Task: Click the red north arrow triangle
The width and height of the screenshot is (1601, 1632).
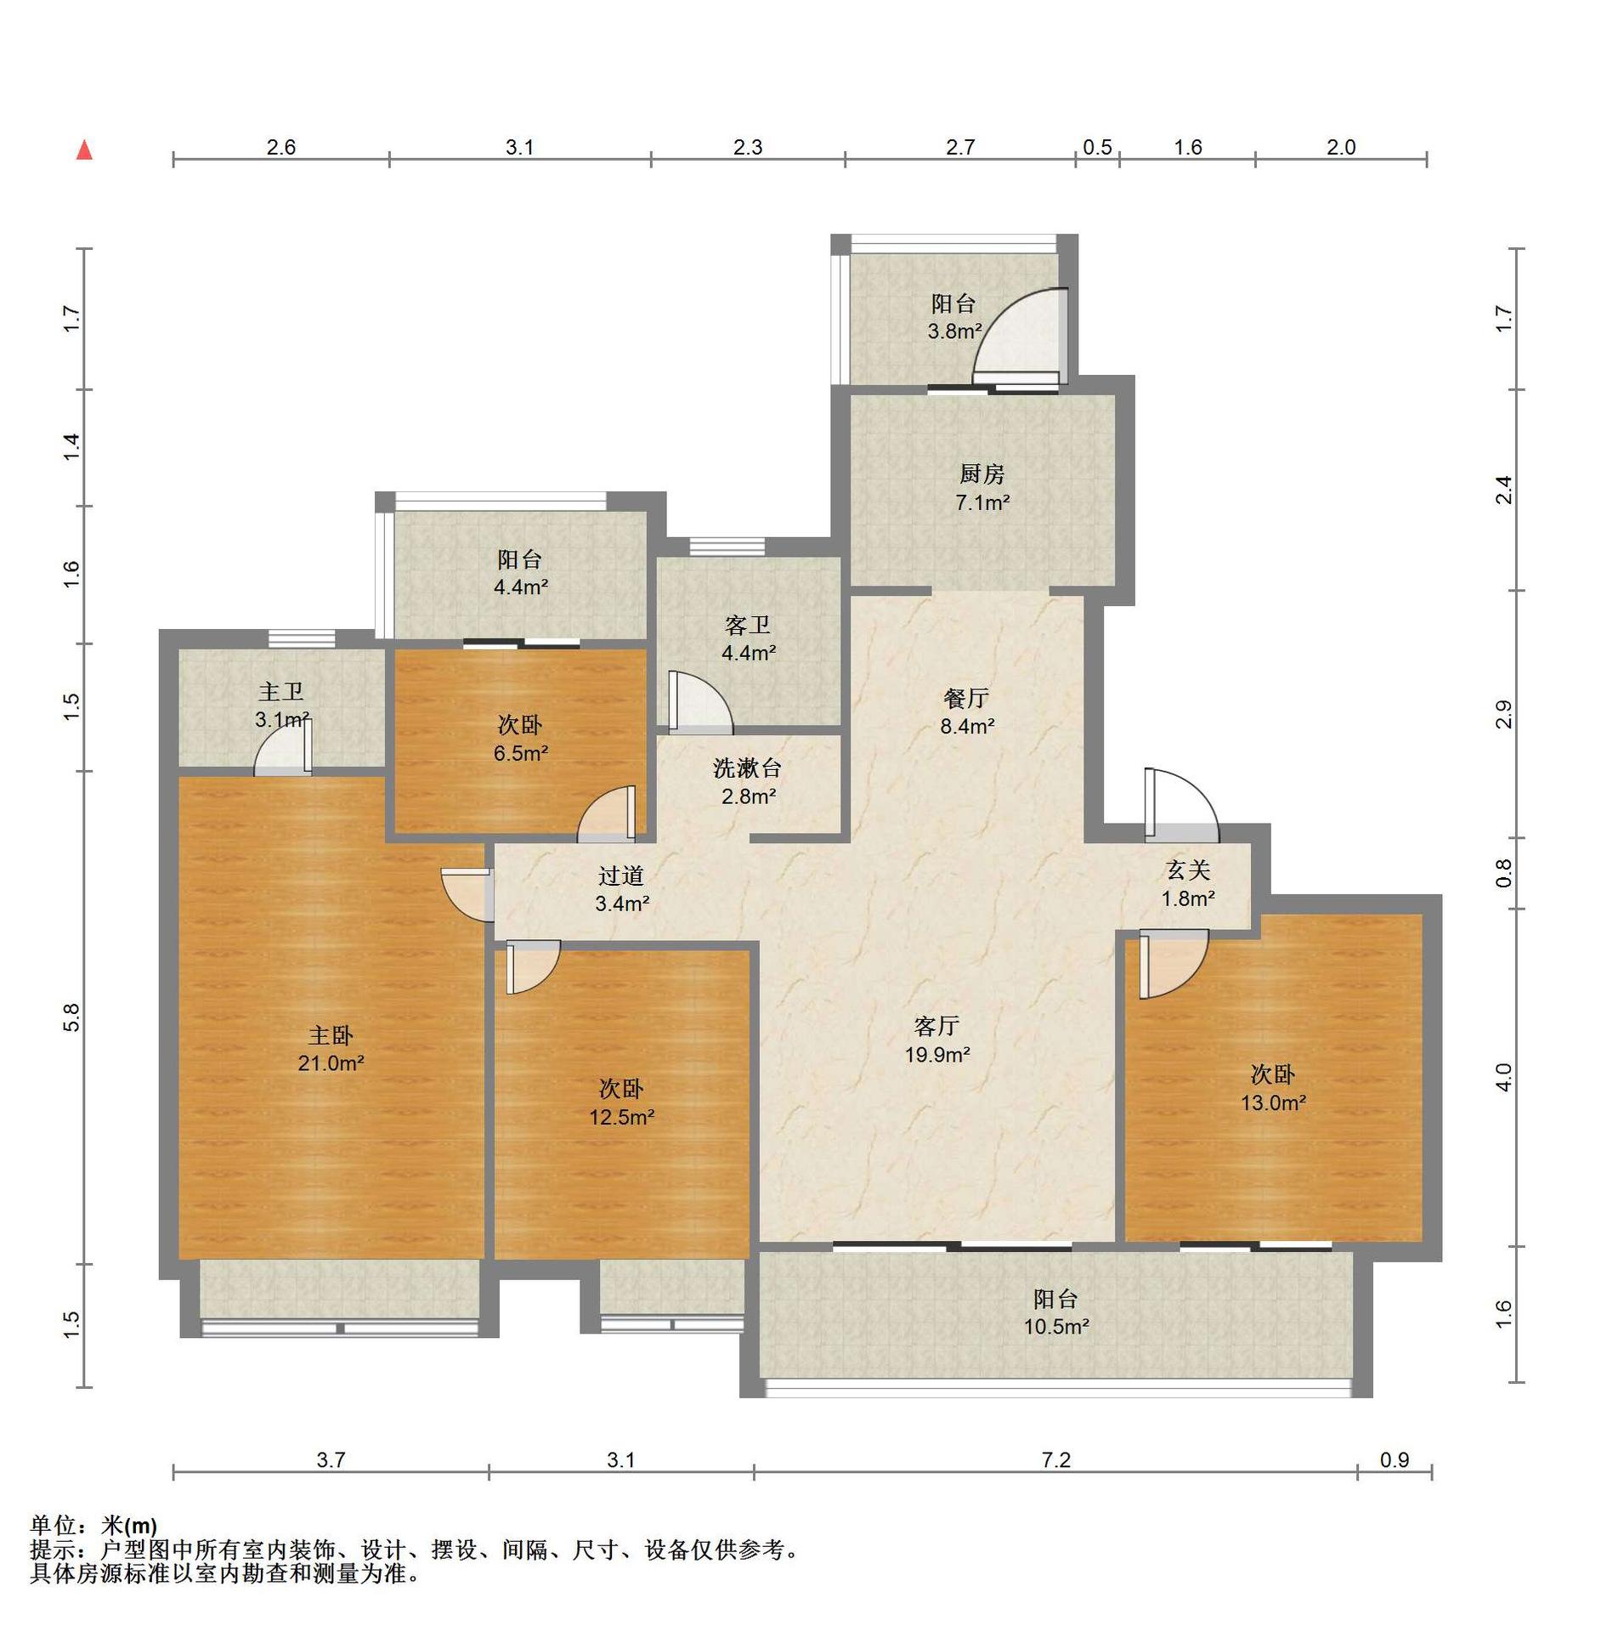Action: tap(84, 150)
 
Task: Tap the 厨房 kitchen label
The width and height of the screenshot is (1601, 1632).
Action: tap(982, 473)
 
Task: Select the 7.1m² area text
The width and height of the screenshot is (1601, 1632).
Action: tap(982, 502)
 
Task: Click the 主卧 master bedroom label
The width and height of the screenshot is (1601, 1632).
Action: tap(331, 1034)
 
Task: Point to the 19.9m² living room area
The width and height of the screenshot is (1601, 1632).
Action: tap(937, 1055)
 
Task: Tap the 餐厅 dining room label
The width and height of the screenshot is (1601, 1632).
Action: tap(966, 699)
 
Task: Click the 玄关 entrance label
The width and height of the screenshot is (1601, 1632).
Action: tap(1188, 870)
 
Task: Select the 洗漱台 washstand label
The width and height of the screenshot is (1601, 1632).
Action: tap(747, 768)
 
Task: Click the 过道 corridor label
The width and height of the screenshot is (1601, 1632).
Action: tap(621, 875)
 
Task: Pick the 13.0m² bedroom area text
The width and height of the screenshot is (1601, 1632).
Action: tap(1273, 1103)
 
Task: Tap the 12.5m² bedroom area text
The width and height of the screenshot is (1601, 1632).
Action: tap(622, 1118)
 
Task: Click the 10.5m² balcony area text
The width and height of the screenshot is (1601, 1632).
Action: tap(1056, 1327)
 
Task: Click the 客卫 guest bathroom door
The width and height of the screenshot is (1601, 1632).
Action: tap(699, 703)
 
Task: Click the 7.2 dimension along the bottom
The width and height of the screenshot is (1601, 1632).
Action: tap(1055, 1460)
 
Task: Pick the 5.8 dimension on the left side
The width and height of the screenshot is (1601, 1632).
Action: tap(71, 1017)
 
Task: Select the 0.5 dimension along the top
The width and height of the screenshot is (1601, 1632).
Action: tap(1097, 147)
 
